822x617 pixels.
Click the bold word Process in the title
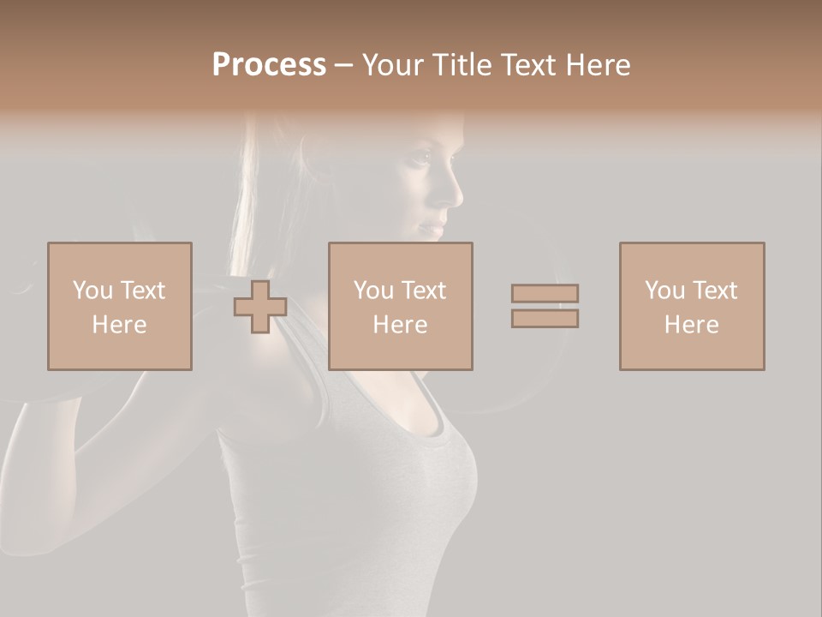click(x=269, y=65)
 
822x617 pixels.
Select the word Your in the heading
click(x=392, y=65)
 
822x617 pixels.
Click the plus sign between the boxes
click(x=260, y=307)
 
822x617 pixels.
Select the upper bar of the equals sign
click(x=545, y=294)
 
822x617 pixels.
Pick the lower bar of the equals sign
click(x=545, y=318)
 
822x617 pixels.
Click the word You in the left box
click(x=92, y=291)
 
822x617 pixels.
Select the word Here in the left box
click(x=119, y=325)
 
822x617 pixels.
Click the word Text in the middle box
click(x=424, y=291)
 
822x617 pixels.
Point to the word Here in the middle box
click(x=401, y=325)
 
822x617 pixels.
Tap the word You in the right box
click(x=665, y=291)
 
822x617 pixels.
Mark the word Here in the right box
click(x=692, y=325)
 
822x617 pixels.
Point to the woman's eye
click(x=421, y=159)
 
